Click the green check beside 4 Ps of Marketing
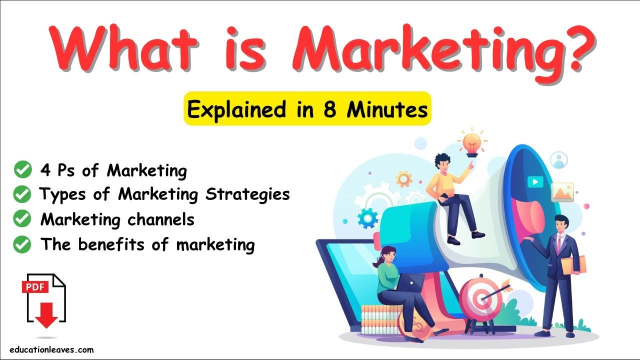[22, 170]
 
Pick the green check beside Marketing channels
[22, 219]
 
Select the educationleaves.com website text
[51, 350]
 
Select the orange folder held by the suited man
[574, 265]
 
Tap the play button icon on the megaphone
[534, 182]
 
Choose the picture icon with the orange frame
[562, 192]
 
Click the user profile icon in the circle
[558, 160]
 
